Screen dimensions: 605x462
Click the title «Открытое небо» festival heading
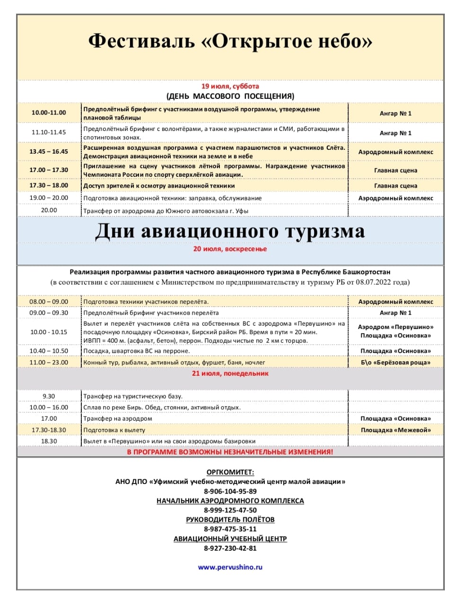click(x=230, y=42)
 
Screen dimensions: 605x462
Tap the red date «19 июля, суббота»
click(x=230, y=86)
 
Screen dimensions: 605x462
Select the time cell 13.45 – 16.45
click(x=49, y=152)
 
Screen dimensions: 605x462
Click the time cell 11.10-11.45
click(x=49, y=132)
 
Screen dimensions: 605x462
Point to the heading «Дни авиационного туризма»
click(x=230, y=231)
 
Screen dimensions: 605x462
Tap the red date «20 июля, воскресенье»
click(x=230, y=249)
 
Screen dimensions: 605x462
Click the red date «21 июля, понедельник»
click(x=230, y=373)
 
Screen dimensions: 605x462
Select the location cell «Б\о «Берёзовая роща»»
click(x=396, y=363)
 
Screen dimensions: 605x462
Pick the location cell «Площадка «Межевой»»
click(x=396, y=430)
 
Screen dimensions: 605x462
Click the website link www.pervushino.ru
click(x=230, y=567)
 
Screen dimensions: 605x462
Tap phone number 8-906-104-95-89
click(x=230, y=491)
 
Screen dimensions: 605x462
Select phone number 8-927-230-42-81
click(x=230, y=548)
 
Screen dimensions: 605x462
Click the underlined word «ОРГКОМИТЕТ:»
click(x=230, y=472)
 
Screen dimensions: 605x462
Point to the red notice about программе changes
click(x=230, y=452)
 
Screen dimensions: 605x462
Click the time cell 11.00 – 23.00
click(x=49, y=363)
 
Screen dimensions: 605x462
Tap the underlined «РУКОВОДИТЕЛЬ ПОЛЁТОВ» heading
click(x=230, y=519)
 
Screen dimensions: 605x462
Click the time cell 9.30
click(x=49, y=396)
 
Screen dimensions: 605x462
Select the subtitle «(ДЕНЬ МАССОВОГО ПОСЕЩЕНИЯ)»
click(x=230, y=96)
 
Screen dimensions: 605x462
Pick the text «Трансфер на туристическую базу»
click(x=132, y=396)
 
